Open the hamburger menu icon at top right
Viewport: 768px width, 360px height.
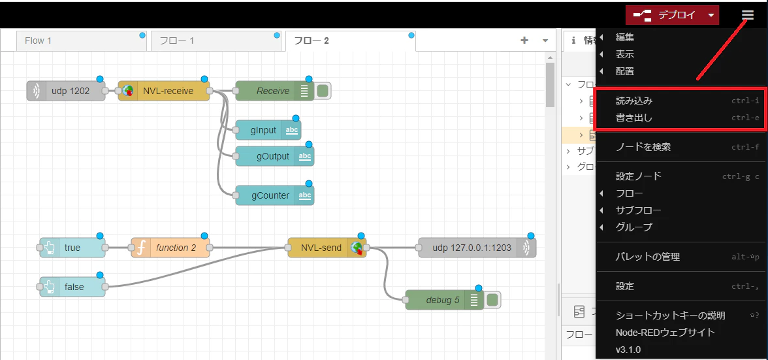click(x=748, y=15)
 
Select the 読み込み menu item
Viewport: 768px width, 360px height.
click(x=634, y=101)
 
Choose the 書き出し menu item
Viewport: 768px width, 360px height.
click(x=634, y=118)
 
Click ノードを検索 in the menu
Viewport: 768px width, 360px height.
click(x=643, y=147)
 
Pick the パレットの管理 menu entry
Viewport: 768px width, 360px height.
click(x=648, y=257)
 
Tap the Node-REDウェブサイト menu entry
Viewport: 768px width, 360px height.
click(x=665, y=332)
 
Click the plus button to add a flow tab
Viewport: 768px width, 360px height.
click(x=524, y=41)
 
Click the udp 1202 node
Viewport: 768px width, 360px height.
click(x=66, y=91)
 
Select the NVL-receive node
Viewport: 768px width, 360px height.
click(x=164, y=91)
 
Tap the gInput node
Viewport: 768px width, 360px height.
click(x=264, y=130)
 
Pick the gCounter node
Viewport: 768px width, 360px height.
click(x=268, y=195)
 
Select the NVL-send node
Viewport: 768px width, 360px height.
click(x=323, y=248)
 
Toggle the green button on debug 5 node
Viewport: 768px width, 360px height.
click(x=494, y=300)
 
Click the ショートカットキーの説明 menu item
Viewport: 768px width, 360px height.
click(x=670, y=315)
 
